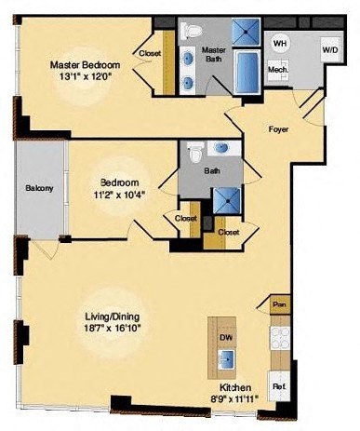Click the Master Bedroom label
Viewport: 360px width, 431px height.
coord(85,64)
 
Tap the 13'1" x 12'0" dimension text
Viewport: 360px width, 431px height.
coord(85,78)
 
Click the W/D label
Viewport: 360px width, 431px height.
coord(329,49)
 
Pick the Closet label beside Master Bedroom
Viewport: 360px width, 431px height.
coord(151,54)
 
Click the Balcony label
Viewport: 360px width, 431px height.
coord(38,189)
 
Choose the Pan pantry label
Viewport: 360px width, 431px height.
coord(279,304)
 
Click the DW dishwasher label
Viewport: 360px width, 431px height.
coord(224,338)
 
